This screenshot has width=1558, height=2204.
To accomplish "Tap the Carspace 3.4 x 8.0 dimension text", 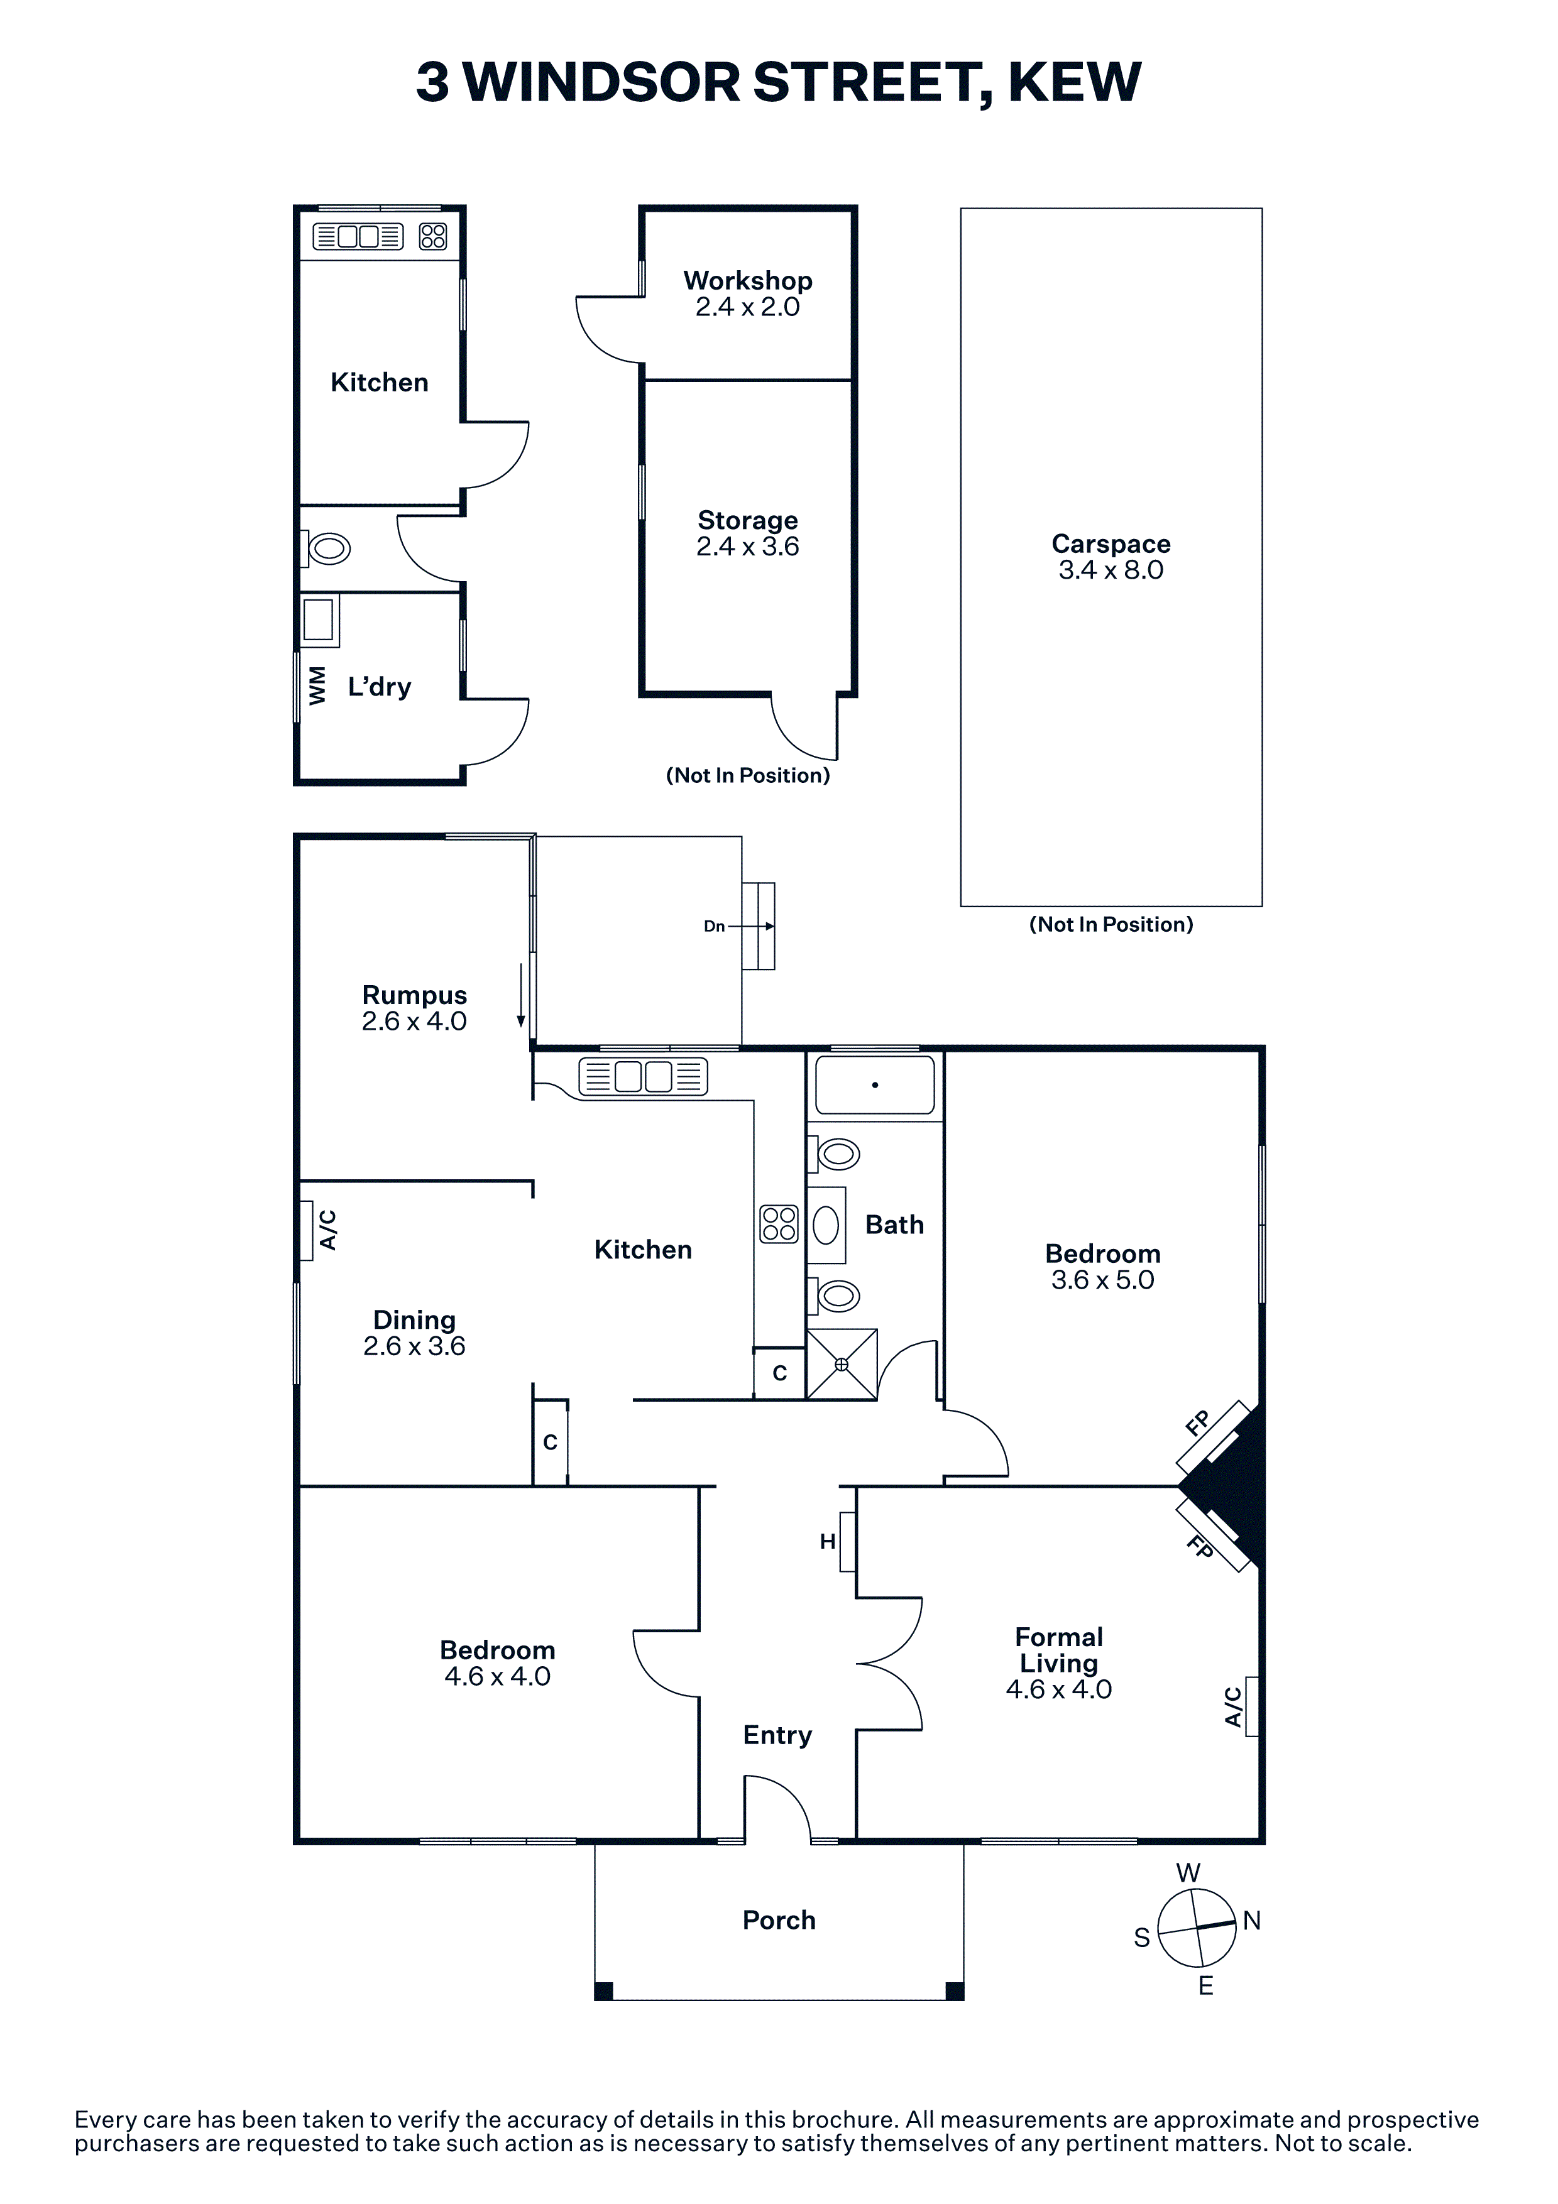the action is tap(1111, 570).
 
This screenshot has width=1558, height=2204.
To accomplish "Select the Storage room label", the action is tap(748, 520).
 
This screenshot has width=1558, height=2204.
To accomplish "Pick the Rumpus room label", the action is tap(415, 995).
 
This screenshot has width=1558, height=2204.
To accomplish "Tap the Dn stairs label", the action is tap(714, 926).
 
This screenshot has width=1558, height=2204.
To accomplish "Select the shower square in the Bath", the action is tap(842, 1364).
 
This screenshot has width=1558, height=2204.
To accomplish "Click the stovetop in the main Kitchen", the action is tap(779, 1224).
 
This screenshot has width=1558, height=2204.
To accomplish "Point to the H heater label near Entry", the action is tap(828, 1542).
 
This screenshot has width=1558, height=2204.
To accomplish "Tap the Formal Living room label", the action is tap(1059, 1650).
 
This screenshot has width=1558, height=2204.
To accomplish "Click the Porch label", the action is tap(779, 1920).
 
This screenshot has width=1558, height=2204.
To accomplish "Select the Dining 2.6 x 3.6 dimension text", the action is tap(415, 1347).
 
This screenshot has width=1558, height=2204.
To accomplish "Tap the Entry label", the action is tap(777, 1735).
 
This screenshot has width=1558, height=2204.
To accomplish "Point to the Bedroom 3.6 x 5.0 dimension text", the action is tap(1103, 1280).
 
